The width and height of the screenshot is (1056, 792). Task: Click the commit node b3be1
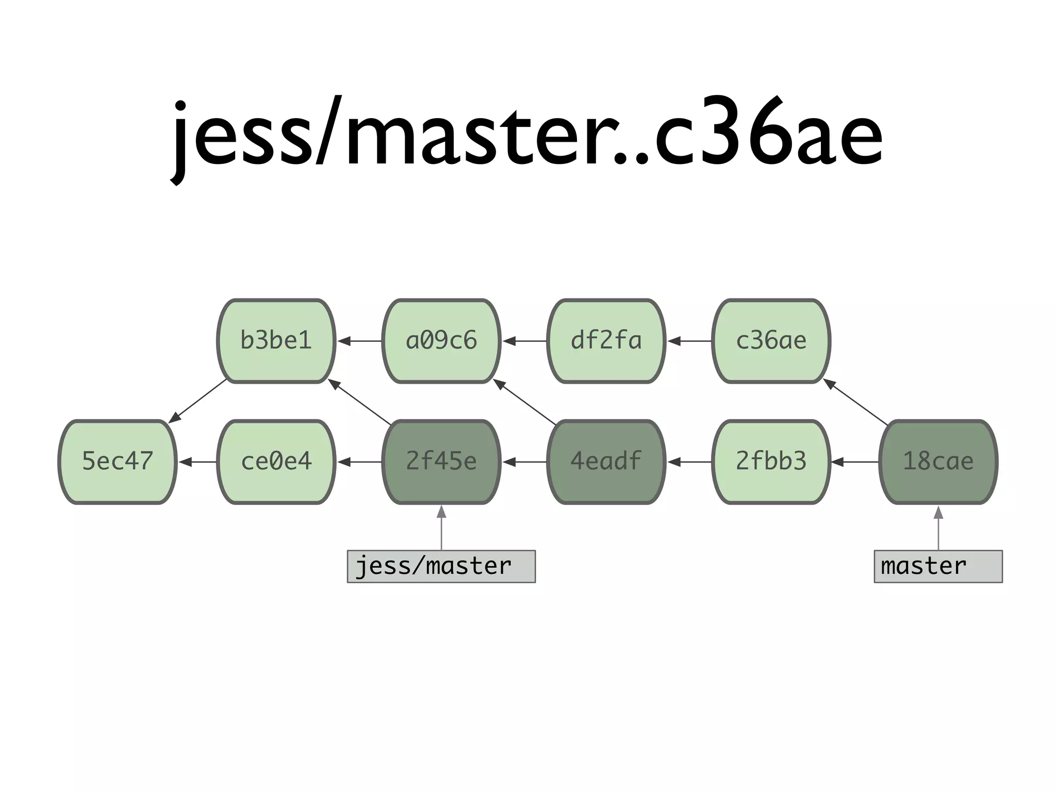point(276,341)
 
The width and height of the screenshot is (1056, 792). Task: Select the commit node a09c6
point(441,341)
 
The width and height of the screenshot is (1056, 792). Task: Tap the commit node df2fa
point(606,341)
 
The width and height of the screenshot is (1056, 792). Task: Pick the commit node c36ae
point(771,341)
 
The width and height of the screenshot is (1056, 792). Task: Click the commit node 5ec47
point(118,461)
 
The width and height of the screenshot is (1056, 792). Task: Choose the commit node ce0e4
point(276,461)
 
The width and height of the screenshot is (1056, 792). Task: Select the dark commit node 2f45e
point(441,461)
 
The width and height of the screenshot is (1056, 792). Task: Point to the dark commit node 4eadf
point(606,461)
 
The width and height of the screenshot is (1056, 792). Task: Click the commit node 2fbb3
point(771,461)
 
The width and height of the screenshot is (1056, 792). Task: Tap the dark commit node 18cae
point(938,461)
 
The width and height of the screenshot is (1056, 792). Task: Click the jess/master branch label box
point(441,566)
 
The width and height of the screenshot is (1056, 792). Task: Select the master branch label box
point(938,566)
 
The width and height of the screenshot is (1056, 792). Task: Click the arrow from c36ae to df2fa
point(689,341)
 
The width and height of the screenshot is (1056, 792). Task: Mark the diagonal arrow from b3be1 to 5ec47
point(199,401)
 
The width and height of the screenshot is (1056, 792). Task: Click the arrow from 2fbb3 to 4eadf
point(689,462)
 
